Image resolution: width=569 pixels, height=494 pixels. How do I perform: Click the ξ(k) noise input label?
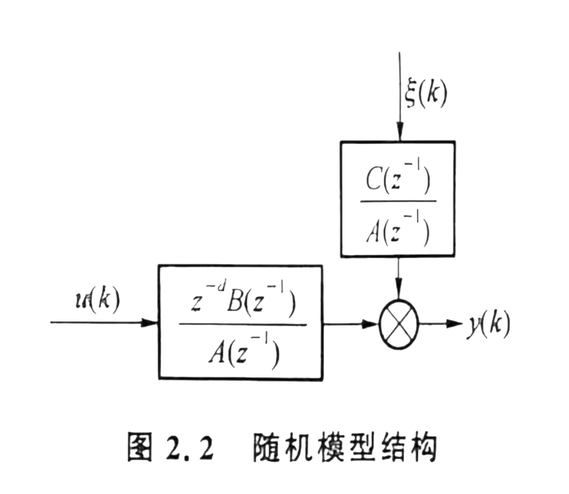(426, 94)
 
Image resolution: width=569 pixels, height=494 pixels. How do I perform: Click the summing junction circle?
(398, 323)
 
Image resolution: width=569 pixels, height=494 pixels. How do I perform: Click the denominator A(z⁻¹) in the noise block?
(398, 228)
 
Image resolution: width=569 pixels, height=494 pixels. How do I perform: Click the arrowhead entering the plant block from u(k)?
(151, 323)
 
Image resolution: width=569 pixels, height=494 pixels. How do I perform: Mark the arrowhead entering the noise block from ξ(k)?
(398, 135)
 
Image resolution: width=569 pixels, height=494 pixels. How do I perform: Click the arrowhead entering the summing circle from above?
(398, 291)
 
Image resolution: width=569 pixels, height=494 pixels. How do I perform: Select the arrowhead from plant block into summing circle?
(371, 323)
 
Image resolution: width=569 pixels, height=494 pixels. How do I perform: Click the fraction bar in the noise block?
(398, 203)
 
